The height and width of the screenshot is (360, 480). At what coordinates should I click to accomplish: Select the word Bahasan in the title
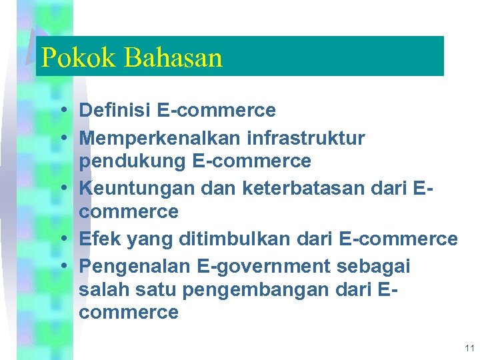tap(173, 58)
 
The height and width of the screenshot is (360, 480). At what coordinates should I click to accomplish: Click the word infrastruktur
tap(306, 138)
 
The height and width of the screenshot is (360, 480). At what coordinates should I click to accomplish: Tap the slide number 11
tap(469, 348)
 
